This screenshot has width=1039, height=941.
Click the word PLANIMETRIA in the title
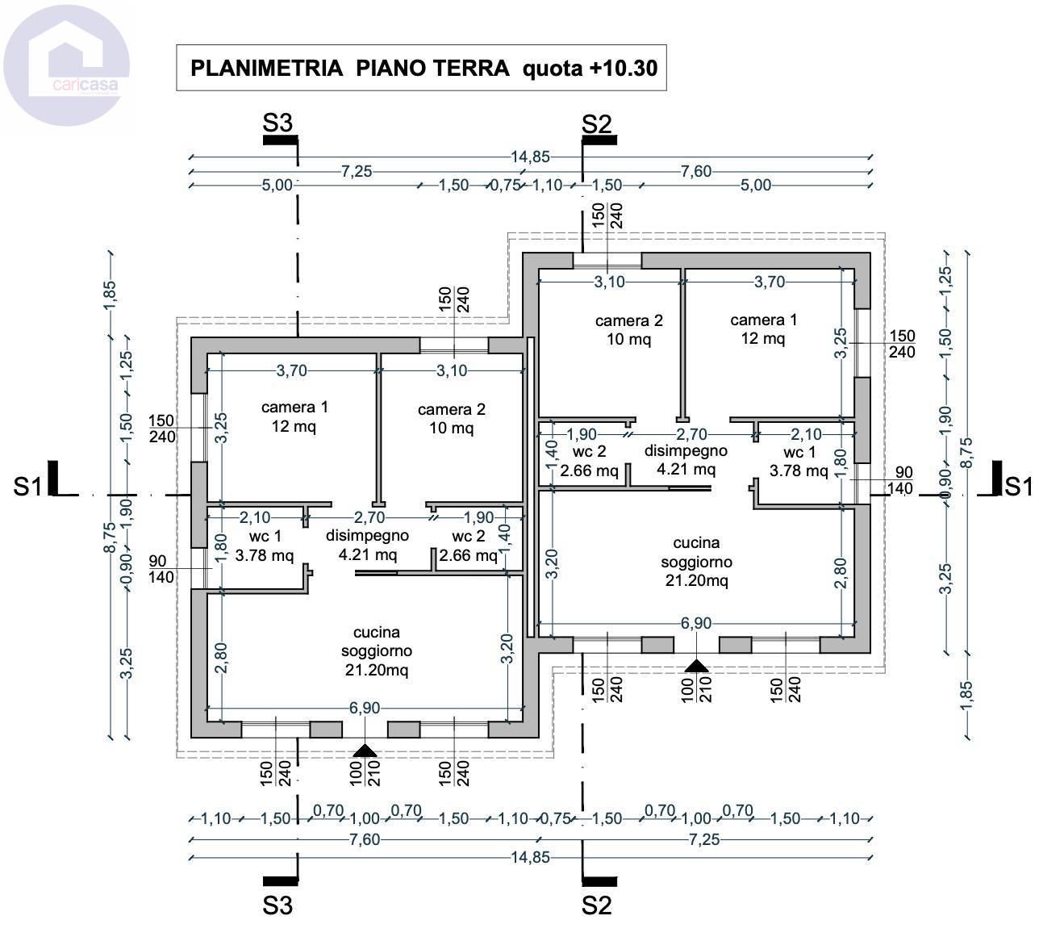point(266,69)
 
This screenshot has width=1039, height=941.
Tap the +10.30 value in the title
point(623,69)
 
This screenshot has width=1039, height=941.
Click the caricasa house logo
point(66,65)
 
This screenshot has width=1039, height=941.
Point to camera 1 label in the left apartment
point(294,416)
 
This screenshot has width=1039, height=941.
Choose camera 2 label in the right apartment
point(628,330)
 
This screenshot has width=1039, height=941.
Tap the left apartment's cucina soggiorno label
point(377,650)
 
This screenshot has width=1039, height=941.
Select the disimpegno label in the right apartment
point(686,460)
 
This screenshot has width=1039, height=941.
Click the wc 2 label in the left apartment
point(468,546)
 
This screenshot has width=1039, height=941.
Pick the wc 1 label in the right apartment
point(799,461)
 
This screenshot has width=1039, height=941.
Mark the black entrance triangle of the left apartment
point(365,751)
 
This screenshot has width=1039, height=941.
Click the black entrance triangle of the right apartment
point(696,666)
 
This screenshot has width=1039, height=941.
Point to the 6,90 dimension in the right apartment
point(696,623)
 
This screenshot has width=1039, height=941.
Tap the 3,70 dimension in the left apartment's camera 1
point(291,370)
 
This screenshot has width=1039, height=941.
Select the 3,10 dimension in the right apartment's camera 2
point(610,282)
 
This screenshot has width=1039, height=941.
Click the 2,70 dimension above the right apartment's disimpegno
point(691,433)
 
